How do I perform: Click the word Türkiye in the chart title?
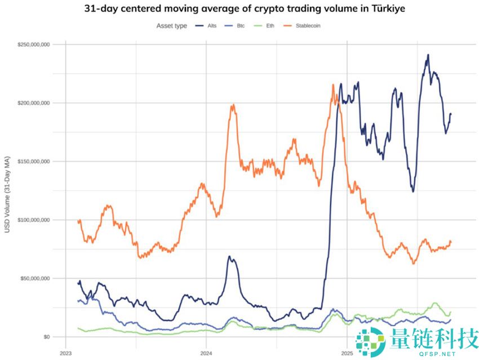[387, 10]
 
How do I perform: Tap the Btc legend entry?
[239, 25]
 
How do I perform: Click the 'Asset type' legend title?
[171, 25]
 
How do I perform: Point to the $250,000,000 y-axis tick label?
[34, 45]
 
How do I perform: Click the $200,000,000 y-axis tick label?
[34, 103]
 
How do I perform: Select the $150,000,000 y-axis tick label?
[34, 162]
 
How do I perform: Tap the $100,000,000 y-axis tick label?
[34, 220]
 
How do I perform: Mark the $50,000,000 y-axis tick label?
[36, 278]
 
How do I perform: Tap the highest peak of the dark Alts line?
[428, 55]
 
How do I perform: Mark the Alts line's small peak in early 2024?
[229, 257]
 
